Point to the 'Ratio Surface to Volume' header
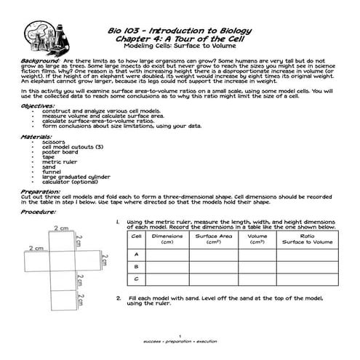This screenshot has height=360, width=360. coord(308,239)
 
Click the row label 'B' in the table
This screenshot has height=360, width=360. coord(136,267)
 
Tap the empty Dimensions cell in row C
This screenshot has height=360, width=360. coord(167,280)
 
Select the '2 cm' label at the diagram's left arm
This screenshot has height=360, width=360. coord(35,248)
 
